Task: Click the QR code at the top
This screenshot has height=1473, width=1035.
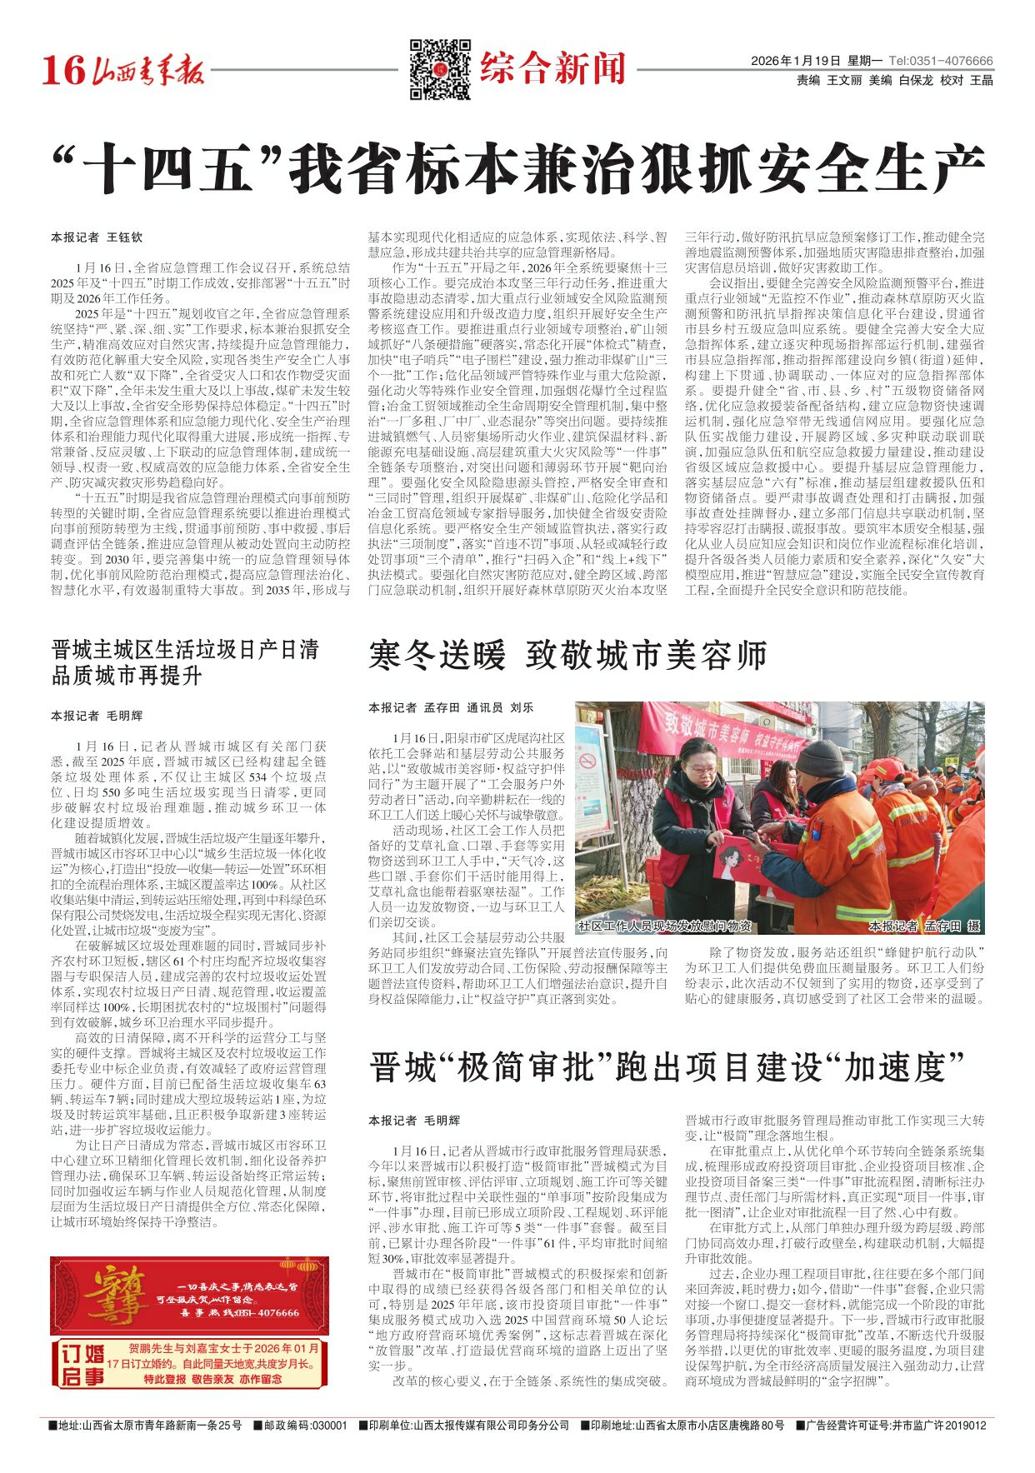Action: pos(439,68)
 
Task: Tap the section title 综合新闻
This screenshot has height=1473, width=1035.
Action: pos(552,67)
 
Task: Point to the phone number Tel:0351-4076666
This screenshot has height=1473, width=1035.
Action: pos(941,61)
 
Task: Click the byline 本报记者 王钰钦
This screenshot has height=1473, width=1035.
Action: pos(97,237)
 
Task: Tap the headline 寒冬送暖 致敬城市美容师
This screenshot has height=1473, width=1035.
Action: pos(567,657)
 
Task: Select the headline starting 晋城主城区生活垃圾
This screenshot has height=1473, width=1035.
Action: pos(185,662)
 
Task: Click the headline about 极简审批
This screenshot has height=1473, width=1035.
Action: pos(667,1067)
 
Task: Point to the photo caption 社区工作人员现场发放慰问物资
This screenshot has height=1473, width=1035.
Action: pos(665,926)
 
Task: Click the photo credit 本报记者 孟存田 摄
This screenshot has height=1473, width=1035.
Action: pos(923,926)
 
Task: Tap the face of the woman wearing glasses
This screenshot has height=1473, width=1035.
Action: pos(702,766)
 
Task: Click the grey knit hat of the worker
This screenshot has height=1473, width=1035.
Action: pos(820,758)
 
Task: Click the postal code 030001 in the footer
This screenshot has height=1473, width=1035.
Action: pos(328,1426)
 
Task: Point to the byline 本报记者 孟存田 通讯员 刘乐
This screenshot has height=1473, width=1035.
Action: pos(451,707)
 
